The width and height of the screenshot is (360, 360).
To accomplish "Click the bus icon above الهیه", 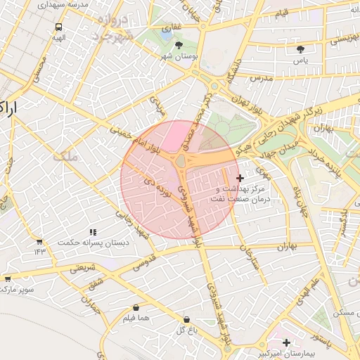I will tap(58, 28).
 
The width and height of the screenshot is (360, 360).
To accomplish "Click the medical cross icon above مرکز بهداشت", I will tap(240, 178).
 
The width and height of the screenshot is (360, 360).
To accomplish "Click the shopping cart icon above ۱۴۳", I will tap(39, 240).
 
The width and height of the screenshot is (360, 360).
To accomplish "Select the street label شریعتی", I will tap(82, 268).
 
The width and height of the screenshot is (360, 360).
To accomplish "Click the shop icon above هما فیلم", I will tap(136, 307).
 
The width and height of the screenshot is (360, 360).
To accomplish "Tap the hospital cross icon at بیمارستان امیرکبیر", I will tap(285, 342).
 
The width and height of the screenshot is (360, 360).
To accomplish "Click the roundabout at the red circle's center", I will tap(181, 162).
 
